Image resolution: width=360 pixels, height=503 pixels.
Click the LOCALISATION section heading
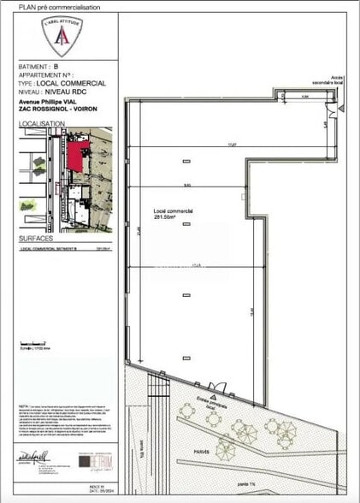click(41, 124)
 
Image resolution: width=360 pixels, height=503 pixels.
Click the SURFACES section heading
click(35, 240)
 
